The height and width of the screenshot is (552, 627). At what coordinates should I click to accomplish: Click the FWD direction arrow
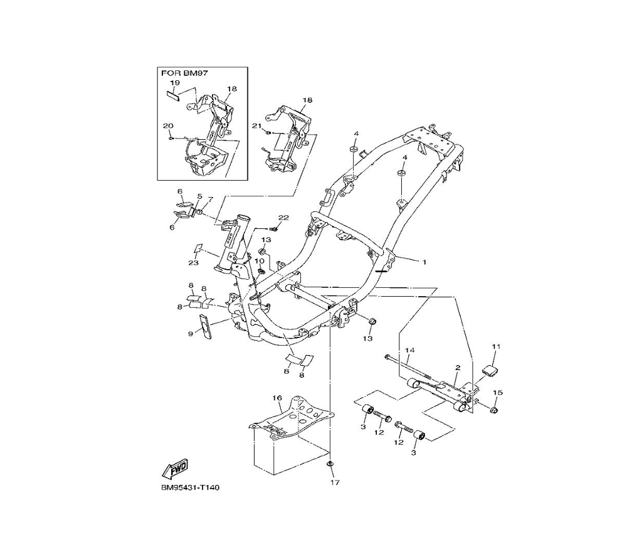tap(175, 469)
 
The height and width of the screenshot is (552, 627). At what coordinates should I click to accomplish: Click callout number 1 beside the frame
tap(424, 262)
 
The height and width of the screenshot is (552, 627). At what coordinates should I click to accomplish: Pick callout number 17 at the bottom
tap(335, 482)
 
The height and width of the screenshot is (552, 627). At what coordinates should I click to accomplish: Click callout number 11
tap(496, 346)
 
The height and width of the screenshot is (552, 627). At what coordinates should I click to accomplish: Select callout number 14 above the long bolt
tap(410, 350)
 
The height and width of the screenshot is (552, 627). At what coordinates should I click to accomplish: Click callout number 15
tap(498, 393)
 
